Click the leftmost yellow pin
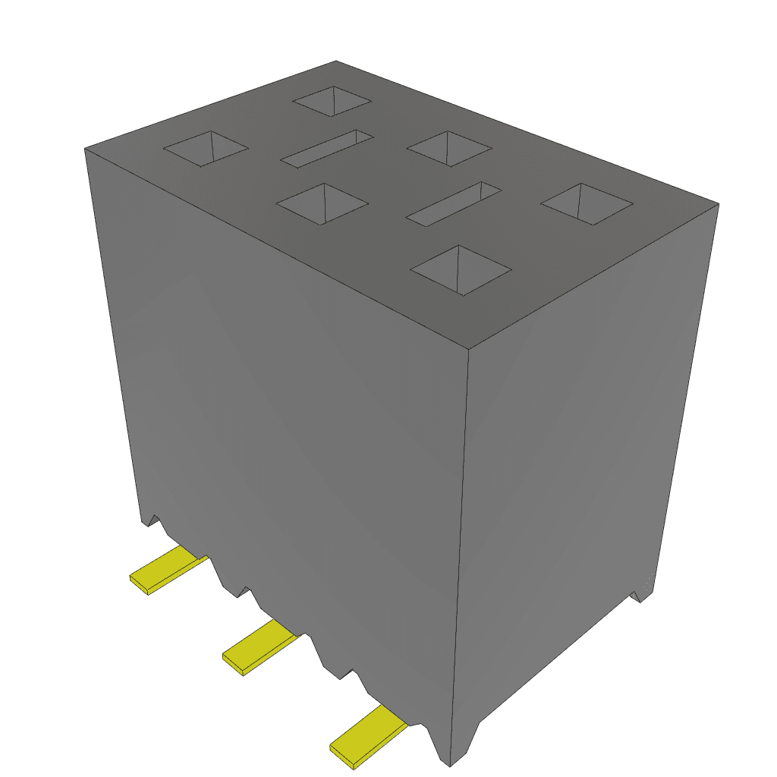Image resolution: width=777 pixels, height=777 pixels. (166, 569)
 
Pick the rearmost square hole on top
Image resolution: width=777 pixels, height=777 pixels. (332, 101)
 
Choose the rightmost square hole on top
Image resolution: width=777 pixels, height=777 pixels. (587, 203)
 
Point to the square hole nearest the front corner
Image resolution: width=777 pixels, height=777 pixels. (460, 269)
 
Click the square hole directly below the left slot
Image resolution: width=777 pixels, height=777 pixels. (322, 203)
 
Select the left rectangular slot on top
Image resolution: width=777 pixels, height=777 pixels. (327, 147)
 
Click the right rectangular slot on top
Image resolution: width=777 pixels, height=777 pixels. (454, 203)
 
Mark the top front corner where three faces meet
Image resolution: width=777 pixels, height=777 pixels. (468, 350)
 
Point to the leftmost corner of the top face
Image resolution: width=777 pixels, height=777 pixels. (84, 149)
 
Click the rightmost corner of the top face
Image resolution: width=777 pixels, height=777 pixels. (718, 203)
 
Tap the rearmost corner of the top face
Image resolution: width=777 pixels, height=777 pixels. (336, 61)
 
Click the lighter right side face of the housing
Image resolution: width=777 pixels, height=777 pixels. (584, 455)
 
